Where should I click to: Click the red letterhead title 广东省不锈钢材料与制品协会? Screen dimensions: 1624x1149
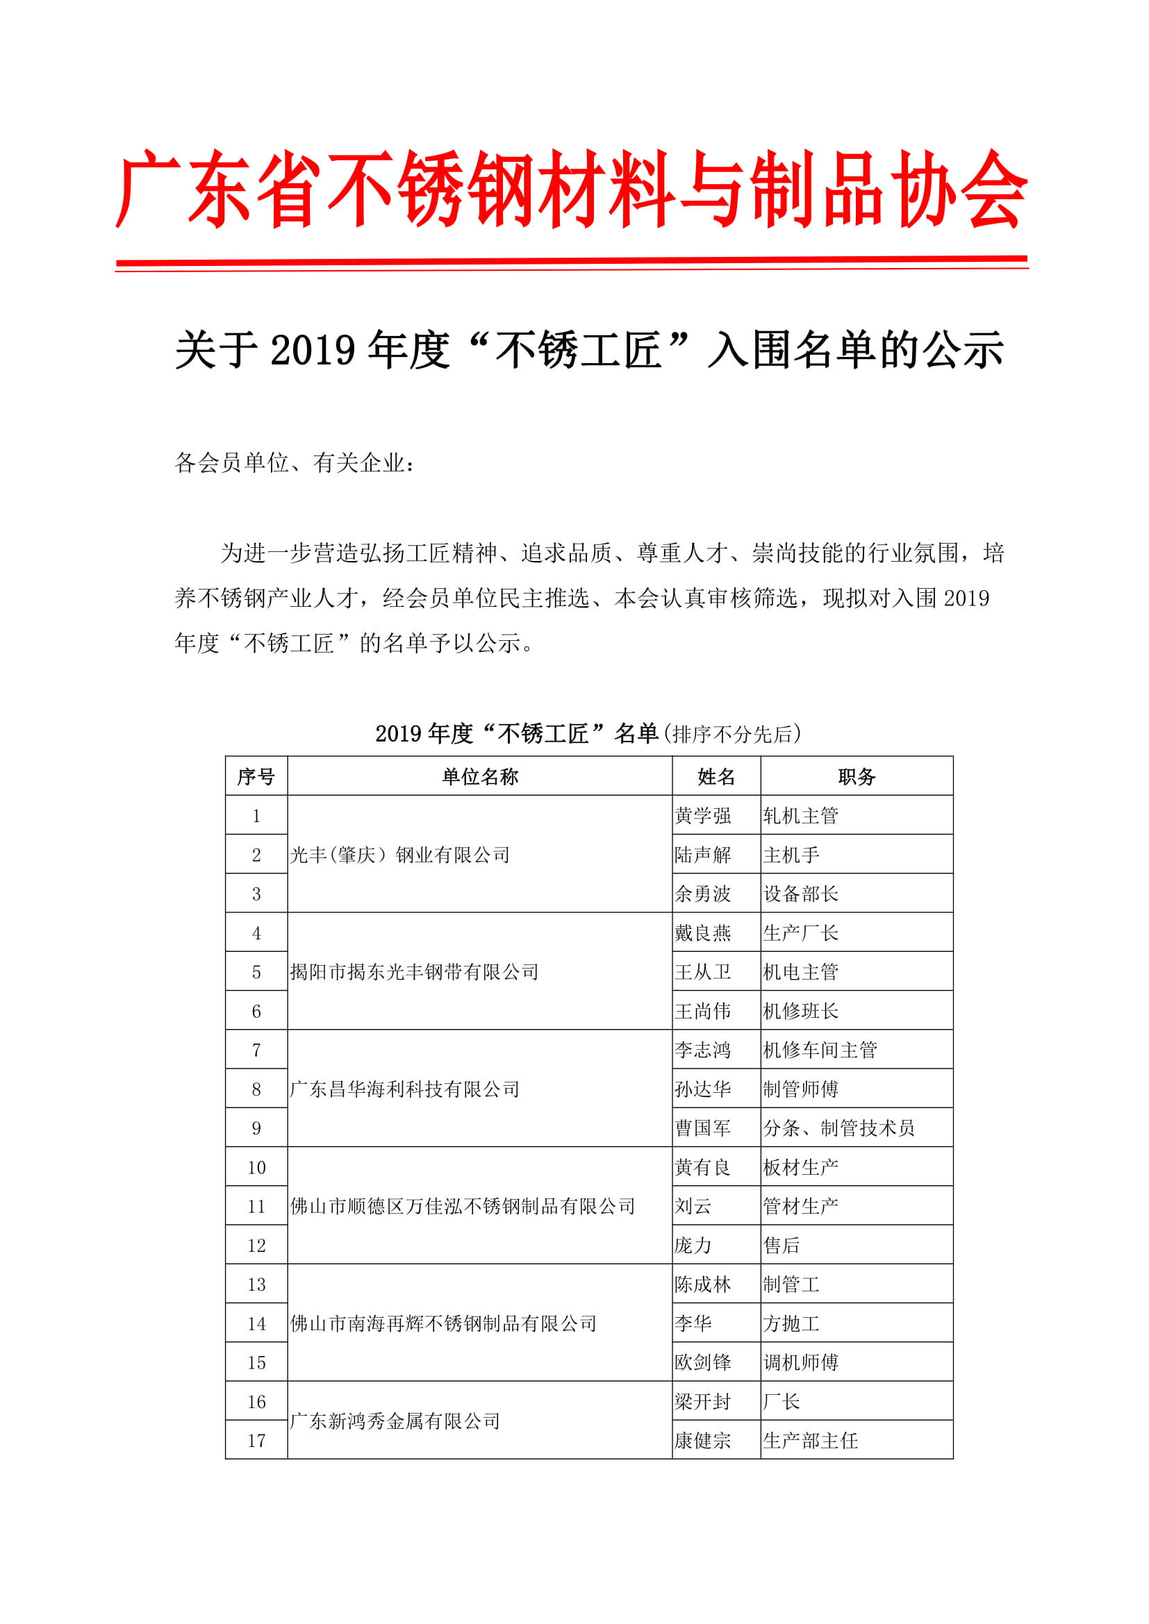(x=572, y=190)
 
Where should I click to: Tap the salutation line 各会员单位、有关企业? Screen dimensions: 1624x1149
(x=294, y=463)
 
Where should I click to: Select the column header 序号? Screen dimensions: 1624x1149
(x=256, y=777)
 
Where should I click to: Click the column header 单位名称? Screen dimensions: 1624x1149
(x=480, y=777)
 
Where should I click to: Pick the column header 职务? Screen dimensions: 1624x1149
(x=856, y=777)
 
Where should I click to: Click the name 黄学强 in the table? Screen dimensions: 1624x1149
(x=702, y=816)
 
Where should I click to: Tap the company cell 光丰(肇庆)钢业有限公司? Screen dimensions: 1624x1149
(x=399, y=855)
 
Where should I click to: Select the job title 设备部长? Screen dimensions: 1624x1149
(x=800, y=894)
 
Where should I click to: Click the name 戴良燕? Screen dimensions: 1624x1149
(x=702, y=933)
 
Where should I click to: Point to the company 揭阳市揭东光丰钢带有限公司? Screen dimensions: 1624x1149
(x=414, y=972)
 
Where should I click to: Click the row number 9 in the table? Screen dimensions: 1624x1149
(x=256, y=1128)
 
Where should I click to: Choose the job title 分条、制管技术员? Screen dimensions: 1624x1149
(x=838, y=1128)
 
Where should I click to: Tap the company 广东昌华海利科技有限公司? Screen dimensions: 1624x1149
(x=405, y=1089)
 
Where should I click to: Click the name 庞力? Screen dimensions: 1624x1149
(x=693, y=1246)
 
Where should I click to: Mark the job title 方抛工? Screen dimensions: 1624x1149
(x=791, y=1323)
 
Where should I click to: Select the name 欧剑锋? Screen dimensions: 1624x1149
(x=702, y=1362)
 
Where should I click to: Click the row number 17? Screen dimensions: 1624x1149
(x=256, y=1441)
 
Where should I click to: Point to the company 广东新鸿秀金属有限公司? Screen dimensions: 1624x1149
(x=395, y=1421)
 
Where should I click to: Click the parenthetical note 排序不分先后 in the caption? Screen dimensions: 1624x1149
(x=732, y=734)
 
